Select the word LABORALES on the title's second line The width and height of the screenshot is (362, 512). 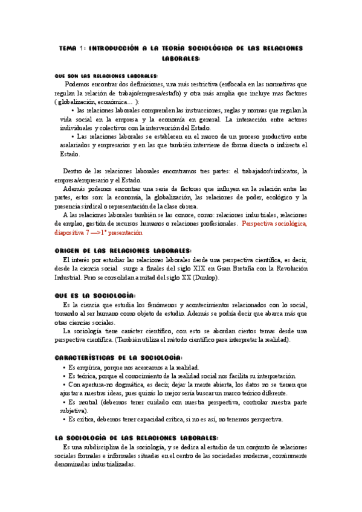[x=181, y=59]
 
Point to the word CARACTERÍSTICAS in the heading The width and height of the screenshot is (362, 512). [x=86, y=357]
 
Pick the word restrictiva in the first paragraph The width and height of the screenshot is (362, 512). [x=201, y=85]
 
